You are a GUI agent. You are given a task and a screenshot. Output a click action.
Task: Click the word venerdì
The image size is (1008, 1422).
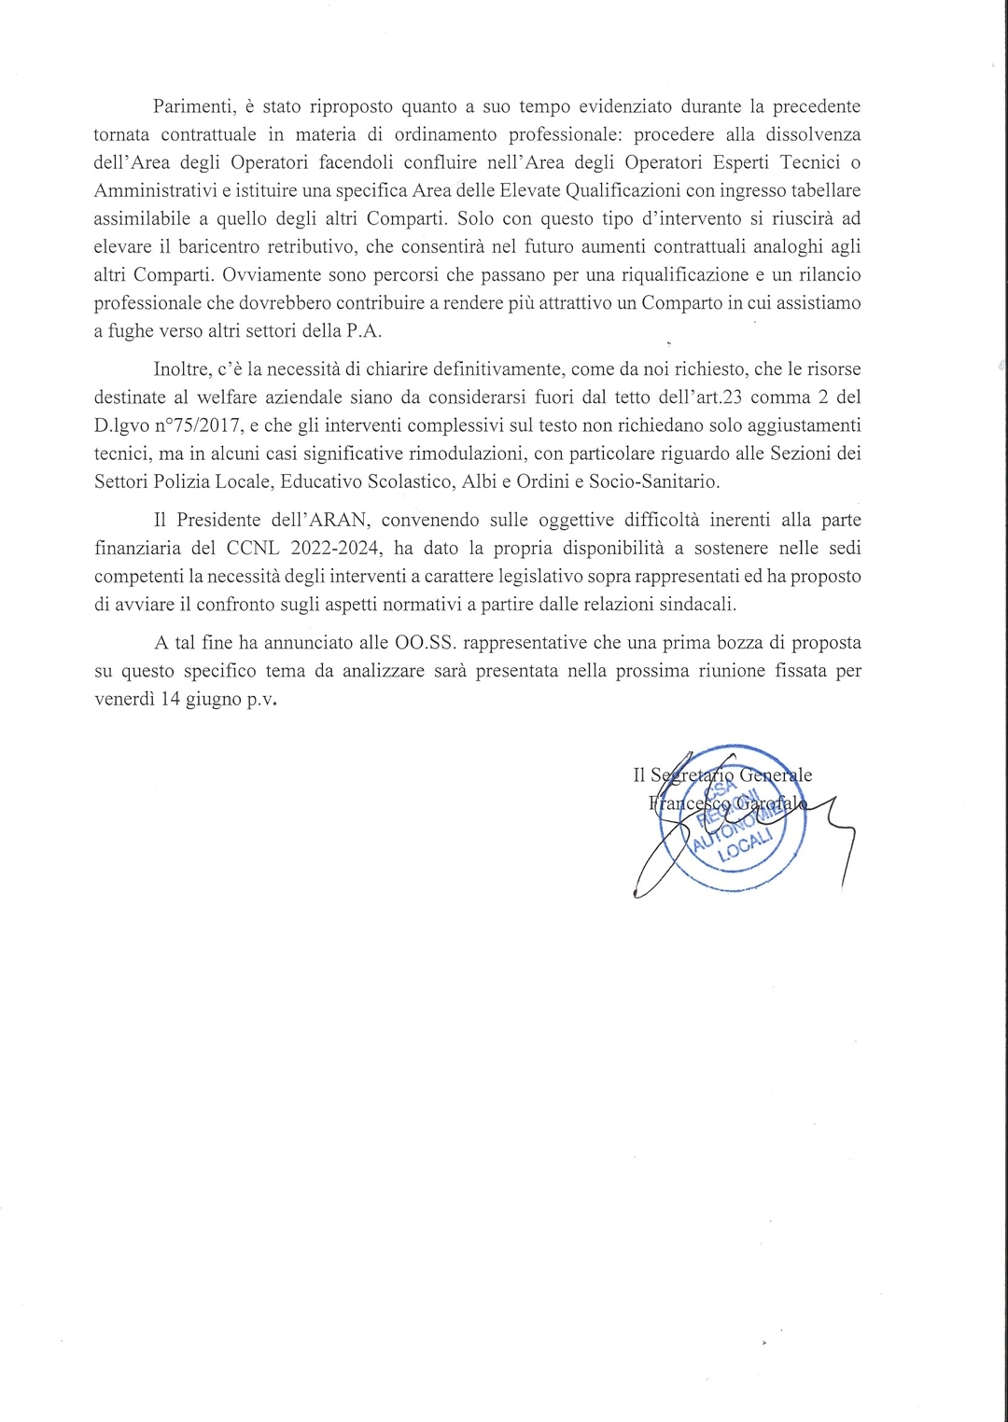coord(123,699)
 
